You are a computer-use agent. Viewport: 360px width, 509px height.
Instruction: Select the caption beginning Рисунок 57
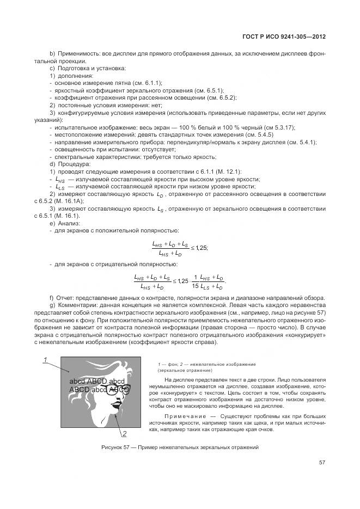[180, 447]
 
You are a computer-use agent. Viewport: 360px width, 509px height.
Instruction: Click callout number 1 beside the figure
[46, 359]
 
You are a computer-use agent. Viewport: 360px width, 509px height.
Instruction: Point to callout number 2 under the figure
[124, 434]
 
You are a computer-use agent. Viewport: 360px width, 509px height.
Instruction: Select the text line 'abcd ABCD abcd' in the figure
[97, 382]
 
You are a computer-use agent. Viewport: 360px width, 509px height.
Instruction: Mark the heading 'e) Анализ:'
[65, 223]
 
